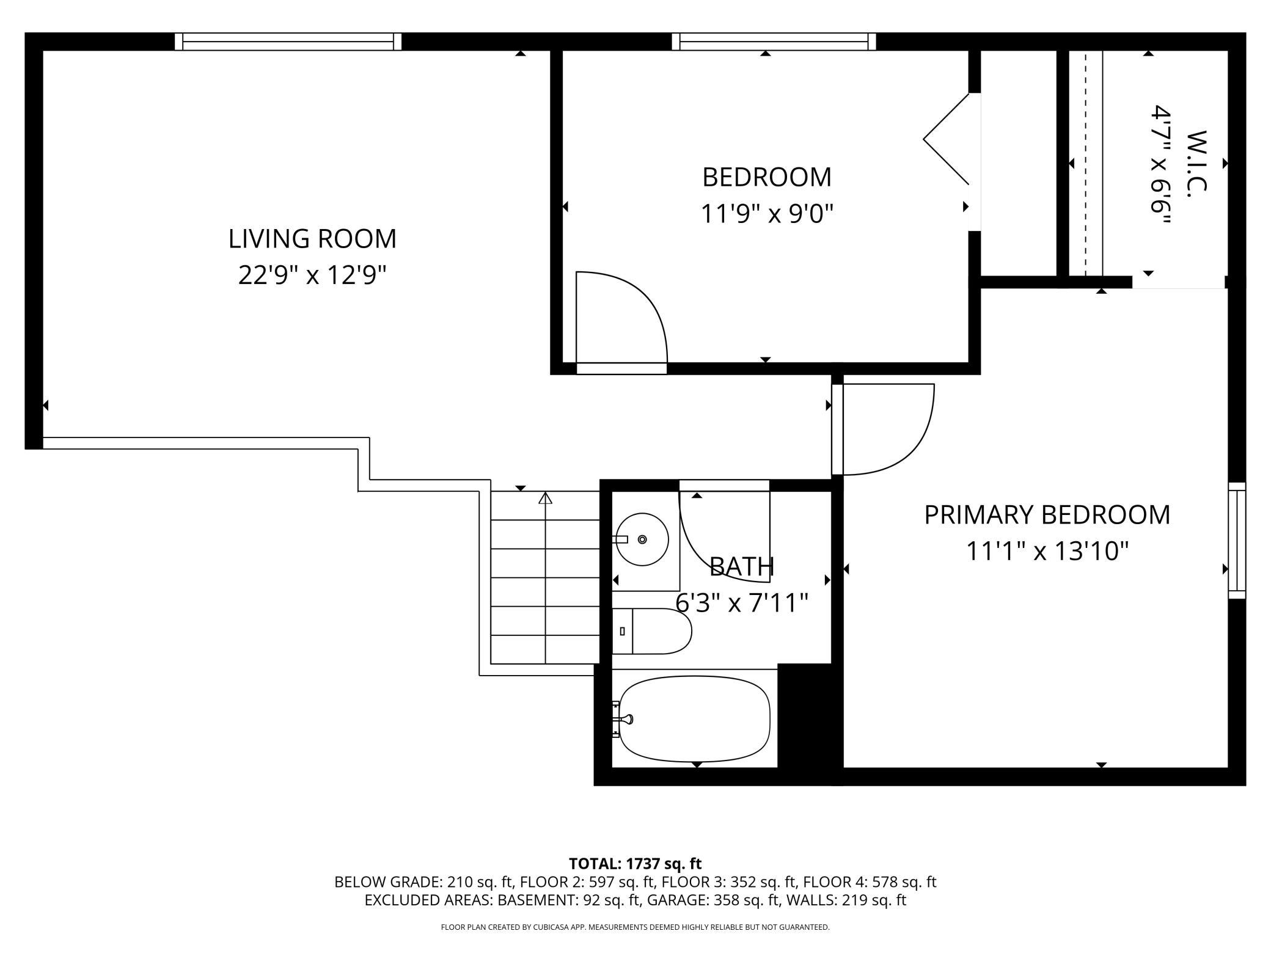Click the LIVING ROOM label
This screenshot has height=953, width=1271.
tap(312, 238)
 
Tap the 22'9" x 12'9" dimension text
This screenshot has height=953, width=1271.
tap(312, 275)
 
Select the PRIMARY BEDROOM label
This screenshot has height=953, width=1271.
tap(1047, 514)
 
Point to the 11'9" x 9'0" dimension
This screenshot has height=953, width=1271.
tap(766, 214)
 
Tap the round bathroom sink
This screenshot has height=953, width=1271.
tap(642, 539)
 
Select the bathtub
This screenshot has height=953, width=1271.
tap(694, 718)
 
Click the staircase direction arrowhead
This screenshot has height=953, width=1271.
tap(545, 498)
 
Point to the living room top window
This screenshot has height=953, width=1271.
tap(288, 42)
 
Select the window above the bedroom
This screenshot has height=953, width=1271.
tap(774, 42)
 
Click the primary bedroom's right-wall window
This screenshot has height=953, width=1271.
tap(1237, 540)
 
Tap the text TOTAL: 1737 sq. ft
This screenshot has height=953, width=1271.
tap(635, 864)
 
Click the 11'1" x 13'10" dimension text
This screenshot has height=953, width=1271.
tap(1047, 551)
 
